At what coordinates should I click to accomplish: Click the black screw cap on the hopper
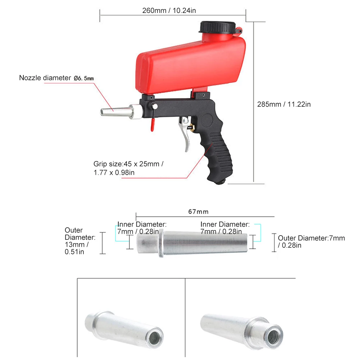(217, 27)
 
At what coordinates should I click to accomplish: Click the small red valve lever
(152, 124)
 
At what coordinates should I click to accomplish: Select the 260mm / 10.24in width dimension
(169, 10)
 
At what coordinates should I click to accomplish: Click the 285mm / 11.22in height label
(284, 104)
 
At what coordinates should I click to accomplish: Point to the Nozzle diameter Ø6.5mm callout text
(57, 78)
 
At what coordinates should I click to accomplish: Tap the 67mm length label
(198, 211)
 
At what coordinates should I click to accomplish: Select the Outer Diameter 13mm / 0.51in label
(79, 241)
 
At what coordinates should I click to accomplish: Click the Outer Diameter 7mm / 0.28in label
(311, 242)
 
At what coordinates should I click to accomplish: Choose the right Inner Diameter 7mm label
(225, 228)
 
